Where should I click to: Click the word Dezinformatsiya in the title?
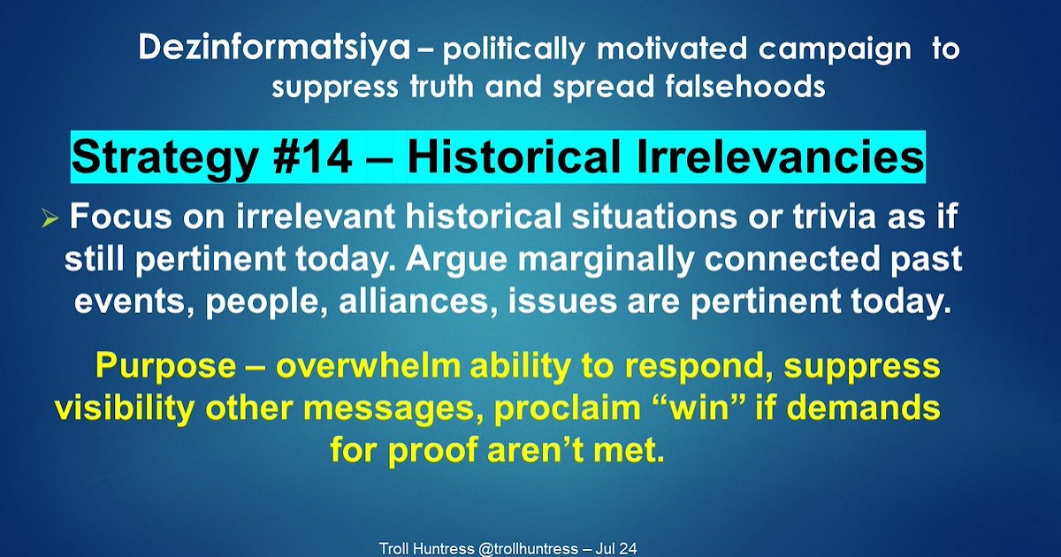tap(274, 49)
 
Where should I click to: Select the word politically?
tap(514, 50)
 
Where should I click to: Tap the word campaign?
tap(835, 50)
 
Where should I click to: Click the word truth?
tap(441, 87)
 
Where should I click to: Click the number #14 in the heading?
tap(312, 156)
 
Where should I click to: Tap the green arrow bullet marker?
tap(50, 219)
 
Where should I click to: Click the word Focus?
tap(121, 216)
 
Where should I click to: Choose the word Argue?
tap(455, 260)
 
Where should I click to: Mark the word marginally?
tap(606, 260)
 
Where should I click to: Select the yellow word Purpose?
tap(166, 366)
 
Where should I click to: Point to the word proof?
tap(432, 450)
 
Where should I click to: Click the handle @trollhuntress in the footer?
tap(528, 548)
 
